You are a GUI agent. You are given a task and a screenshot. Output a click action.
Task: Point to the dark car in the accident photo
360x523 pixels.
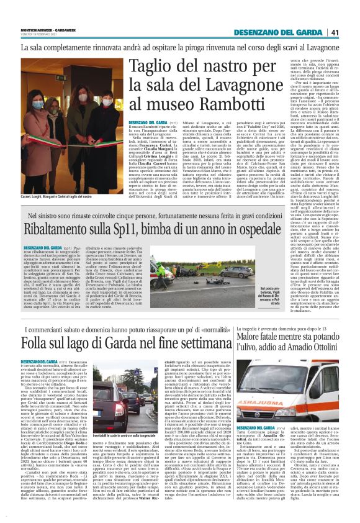point(240,272)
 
